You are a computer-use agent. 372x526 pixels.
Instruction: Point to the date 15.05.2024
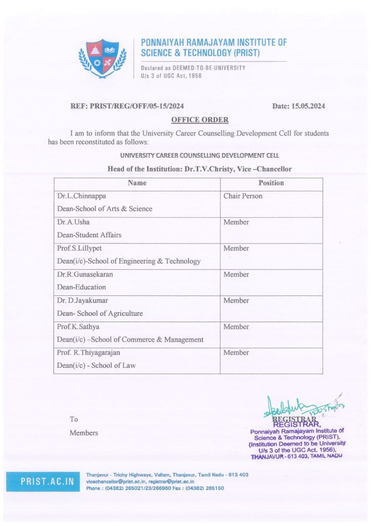pyautogui.click(x=299, y=106)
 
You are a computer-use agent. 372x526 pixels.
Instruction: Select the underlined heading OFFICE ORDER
pyautogui.click(x=200, y=120)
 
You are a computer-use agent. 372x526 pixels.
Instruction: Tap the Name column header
pyautogui.click(x=137, y=183)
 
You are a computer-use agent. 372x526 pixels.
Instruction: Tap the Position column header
pyautogui.click(x=271, y=183)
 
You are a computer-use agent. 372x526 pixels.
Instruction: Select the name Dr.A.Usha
pyautogui.click(x=75, y=222)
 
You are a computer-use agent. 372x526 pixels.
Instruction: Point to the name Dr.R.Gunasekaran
pyautogui.click(x=85, y=274)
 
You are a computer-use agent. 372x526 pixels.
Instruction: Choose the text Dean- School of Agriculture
pyautogui.click(x=100, y=313)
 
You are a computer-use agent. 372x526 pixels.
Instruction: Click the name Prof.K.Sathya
pyautogui.click(x=80, y=327)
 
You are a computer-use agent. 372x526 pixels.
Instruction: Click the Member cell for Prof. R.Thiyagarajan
pyautogui.click(x=236, y=353)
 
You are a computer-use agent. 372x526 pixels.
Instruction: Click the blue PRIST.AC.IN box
pyautogui.click(x=47, y=482)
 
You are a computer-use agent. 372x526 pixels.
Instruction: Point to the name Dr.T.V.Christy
pyautogui.click(x=211, y=169)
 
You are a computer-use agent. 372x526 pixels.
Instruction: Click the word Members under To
pyautogui.click(x=84, y=433)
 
